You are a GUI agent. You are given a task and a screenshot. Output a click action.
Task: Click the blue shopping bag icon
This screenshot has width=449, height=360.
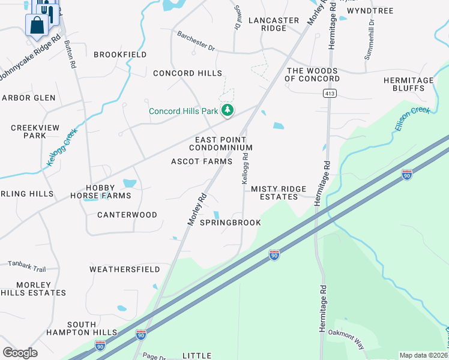tap(37, 26)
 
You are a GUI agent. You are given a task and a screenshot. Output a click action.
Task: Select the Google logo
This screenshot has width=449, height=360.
tap(20, 352)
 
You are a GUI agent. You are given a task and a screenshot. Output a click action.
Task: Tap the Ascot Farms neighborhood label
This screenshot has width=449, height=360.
tap(202, 161)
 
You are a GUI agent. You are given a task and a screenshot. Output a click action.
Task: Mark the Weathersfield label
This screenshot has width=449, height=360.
tap(125, 269)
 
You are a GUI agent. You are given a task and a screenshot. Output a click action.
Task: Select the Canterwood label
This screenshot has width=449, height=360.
tap(127, 215)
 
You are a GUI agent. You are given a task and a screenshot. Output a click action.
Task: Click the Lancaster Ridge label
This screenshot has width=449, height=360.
tap(273, 24)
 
